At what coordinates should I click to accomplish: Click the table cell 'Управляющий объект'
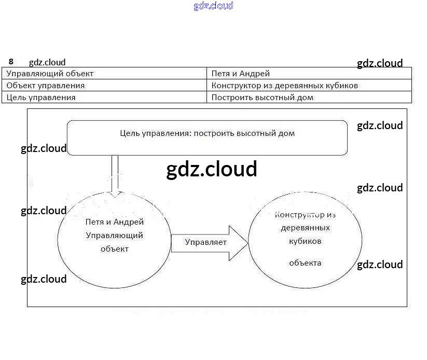(104, 74)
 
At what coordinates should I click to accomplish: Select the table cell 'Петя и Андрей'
(309, 74)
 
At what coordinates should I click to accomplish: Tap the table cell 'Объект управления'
(104, 85)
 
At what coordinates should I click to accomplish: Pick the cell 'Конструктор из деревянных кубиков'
(309, 85)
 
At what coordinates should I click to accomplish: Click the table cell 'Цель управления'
(104, 97)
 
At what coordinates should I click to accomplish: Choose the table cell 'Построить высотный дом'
(309, 97)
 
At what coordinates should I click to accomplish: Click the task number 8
(11, 61)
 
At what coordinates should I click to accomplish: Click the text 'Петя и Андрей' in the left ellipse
(114, 222)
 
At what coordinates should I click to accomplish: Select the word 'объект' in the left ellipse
(114, 248)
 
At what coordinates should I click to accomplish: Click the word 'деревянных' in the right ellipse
(305, 228)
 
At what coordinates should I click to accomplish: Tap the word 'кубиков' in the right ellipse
(305, 241)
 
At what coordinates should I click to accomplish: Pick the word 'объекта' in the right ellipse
(305, 262)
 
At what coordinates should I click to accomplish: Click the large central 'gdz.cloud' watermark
(212, 169)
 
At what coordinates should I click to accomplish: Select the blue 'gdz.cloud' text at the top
(213, 6)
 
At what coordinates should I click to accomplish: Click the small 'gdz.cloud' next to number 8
(47, 62)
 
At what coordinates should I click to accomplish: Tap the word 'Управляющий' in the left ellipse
(114, 235)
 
